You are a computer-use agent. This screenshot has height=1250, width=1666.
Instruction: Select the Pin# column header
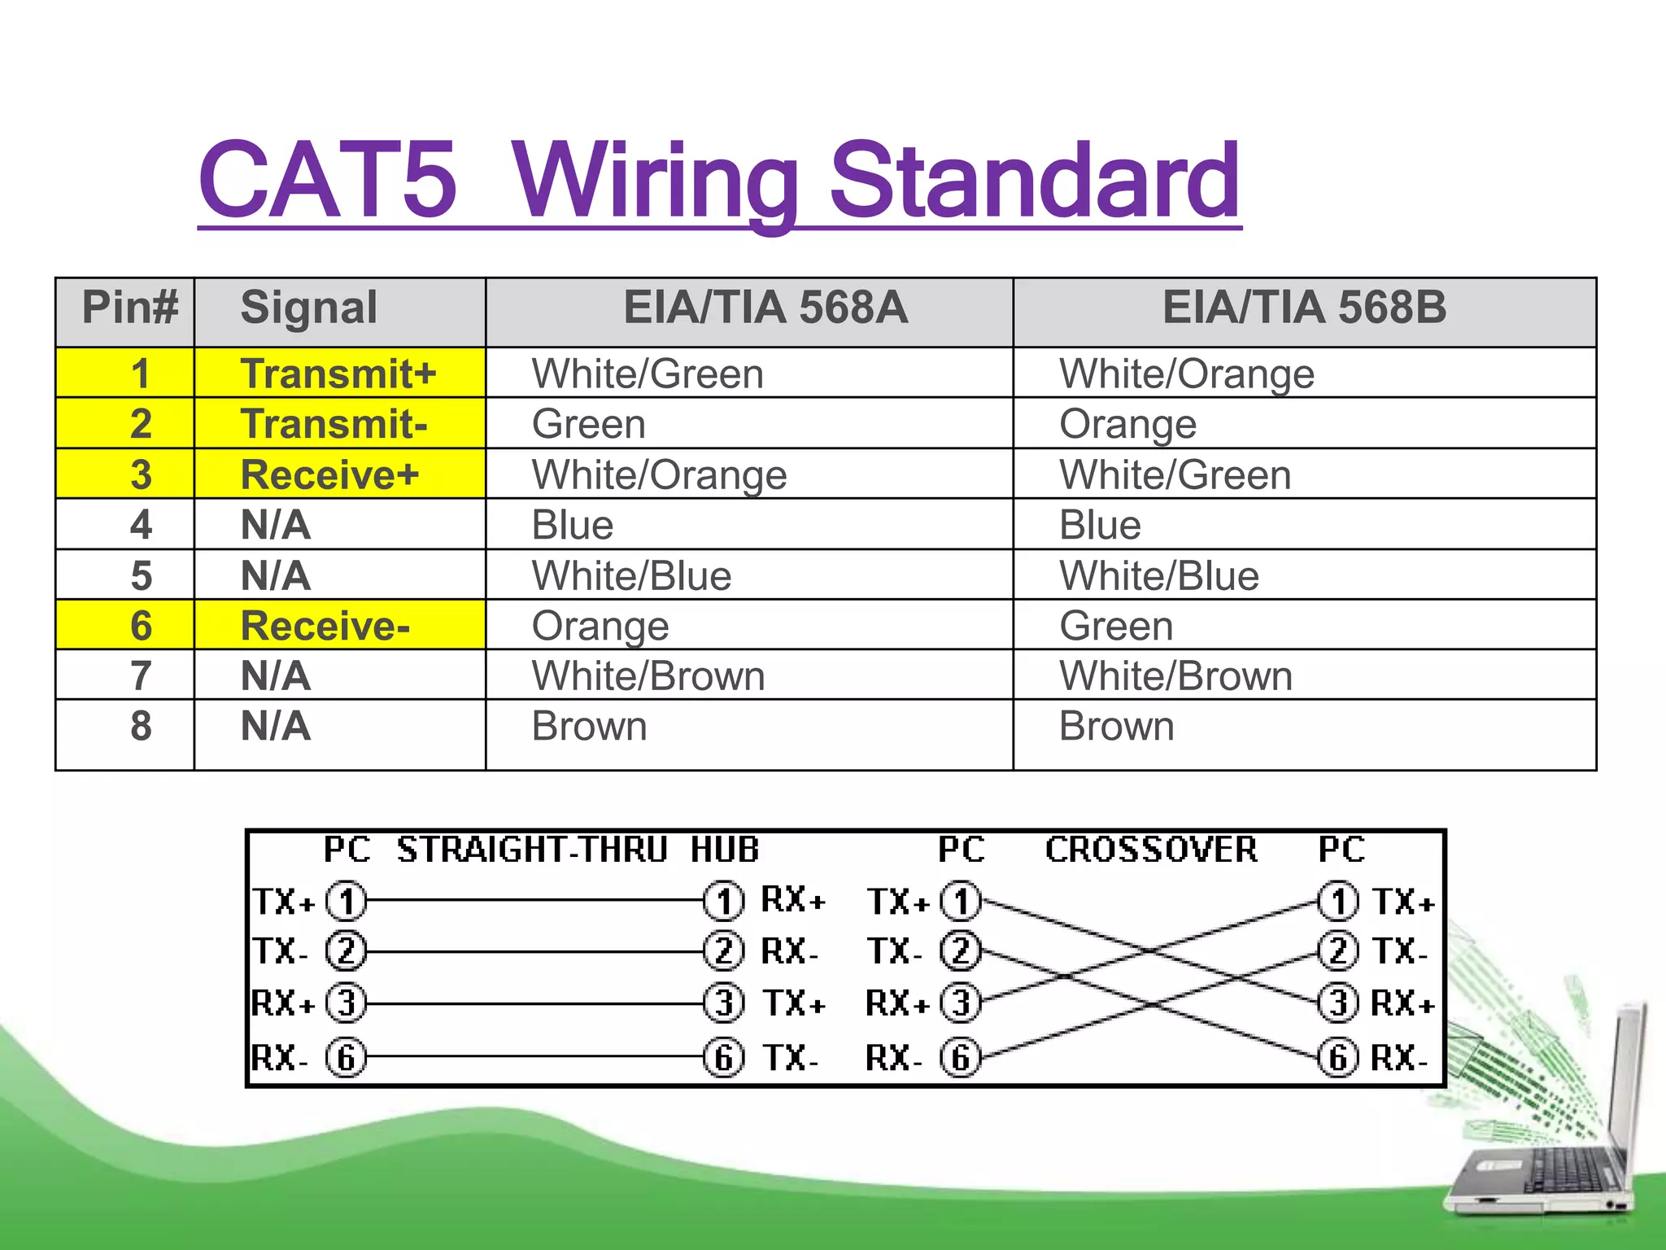[129, 308]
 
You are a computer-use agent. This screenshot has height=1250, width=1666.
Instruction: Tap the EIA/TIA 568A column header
[765, 308]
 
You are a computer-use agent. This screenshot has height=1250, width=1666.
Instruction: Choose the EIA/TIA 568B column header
[1304, 308]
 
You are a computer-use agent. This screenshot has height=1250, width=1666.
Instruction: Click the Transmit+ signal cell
[338, 374]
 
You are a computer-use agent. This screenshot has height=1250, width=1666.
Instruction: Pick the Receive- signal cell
[325, 626]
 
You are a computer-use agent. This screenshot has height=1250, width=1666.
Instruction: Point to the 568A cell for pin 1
[648, 374]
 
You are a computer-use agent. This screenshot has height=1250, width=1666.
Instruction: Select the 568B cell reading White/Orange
[1186, 374]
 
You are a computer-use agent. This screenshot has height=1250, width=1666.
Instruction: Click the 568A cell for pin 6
[600, 626]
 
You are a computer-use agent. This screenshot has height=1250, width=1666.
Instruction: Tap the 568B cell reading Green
[1116, 626]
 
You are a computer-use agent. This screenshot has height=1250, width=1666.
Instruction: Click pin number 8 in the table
[141, 726]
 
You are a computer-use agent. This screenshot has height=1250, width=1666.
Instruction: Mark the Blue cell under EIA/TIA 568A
[572, 526]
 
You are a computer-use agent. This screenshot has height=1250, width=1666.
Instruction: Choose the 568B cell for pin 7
[1175, 676]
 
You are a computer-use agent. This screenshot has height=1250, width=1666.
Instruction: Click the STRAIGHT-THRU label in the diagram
[532, 850]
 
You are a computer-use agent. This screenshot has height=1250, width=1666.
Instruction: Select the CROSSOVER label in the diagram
[1151, 850]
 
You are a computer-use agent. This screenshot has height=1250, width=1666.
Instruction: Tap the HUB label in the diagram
[725, 850]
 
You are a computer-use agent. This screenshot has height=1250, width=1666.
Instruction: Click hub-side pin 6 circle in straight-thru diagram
[723, 1058]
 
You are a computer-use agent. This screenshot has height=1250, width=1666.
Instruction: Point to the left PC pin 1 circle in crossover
[961, 901]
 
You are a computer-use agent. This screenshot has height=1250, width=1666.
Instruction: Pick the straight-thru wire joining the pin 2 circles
[534, 951]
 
